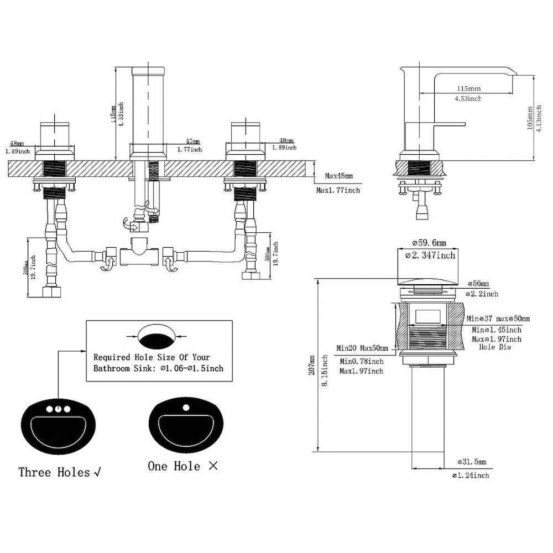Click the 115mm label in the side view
(x=468, y=88)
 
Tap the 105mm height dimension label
(x=529, y=117)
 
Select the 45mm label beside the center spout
(x=192, y=142)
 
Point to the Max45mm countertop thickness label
(x=338, y=176)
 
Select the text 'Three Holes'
(x=54, y=472)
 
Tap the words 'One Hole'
(x=174, y=466)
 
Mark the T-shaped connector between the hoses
(x=139, y=252)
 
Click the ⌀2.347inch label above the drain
(x=430, y=255)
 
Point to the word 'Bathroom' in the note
(x=114, y=368)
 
